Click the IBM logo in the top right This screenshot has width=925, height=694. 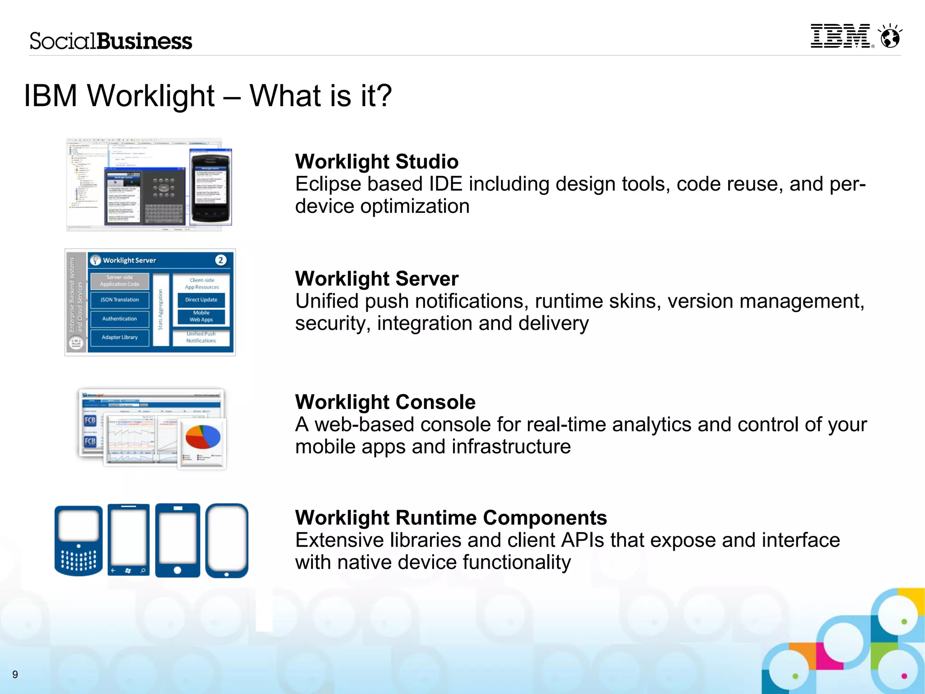click(840, 36)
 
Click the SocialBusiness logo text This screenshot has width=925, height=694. click(111, 41)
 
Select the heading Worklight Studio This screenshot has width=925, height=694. click(377, 161)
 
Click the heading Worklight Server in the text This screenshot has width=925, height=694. click(377, 278)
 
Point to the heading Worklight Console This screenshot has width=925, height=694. click(385, 402)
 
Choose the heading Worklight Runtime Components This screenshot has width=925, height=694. click(451, 517)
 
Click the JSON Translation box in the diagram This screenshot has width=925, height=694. click(120, 300)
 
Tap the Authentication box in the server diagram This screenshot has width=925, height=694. click(120, 319)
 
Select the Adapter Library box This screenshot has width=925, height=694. click(120, 338)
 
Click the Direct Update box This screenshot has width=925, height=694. click(201, 300)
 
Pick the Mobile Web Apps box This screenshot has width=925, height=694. click(201, 316)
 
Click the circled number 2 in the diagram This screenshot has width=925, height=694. click(220, 260)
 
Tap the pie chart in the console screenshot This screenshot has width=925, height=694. click(203, 437)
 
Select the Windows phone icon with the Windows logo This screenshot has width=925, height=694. click(129, 540)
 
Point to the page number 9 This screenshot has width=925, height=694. click(15, 675)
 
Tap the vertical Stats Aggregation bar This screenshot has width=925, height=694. click(160, 310)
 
